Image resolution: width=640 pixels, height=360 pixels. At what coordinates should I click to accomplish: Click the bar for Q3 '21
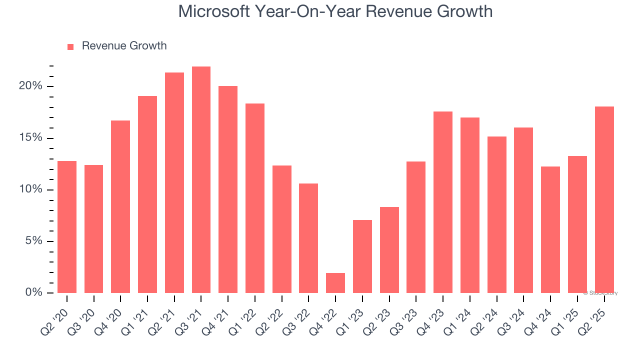(x=201, y=179)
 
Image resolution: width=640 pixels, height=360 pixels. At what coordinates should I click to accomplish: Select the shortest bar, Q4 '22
(x=335, y=283)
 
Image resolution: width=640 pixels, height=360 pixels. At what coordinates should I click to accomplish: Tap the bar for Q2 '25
(x=604, y=199)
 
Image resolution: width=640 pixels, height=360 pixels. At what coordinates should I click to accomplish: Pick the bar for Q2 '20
(x=67, y=227)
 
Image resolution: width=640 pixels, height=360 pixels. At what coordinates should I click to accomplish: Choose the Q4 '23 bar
(x=442, y=202)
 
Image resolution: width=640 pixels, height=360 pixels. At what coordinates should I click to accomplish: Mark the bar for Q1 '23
(x=362, y=256)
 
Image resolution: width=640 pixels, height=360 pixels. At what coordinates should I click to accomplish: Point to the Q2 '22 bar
(x=281, y=229)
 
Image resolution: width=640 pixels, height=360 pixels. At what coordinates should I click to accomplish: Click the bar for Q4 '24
(x=550, y=229)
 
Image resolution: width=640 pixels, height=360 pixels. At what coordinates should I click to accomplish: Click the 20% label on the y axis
(x=31, y=86)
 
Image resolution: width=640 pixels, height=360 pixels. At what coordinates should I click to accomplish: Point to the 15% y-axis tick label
(x=31, y=138)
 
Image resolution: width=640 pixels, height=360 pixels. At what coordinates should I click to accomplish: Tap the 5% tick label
(x=34, y=241)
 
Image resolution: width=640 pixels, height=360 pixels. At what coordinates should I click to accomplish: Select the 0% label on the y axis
(x=34, y=292)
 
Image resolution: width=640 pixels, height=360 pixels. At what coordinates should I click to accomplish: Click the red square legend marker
(x=70, y=46)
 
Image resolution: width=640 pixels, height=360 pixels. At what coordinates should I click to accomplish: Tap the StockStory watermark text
(x=601, y=293)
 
